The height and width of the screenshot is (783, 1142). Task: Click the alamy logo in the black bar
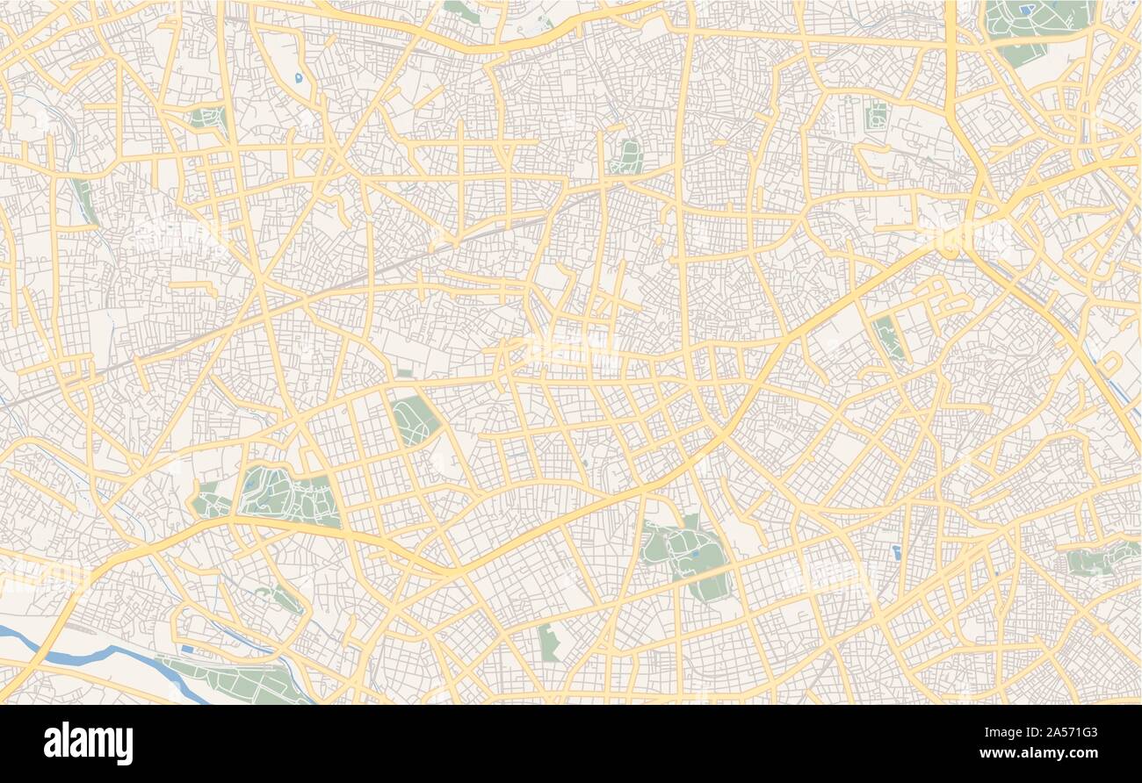click(88, 743)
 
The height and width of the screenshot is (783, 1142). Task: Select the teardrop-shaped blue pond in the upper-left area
click(299, 78)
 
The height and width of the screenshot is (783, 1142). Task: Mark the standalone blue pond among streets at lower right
click(895, 552)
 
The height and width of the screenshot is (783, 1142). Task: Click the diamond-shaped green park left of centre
click(415, 419)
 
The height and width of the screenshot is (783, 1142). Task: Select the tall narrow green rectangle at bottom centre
click(549, 643)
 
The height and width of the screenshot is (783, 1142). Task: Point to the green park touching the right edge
click(1102, 558)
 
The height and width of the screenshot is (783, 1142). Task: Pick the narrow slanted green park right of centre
click(888, 338)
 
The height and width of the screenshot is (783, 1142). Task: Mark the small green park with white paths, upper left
click(208, 118)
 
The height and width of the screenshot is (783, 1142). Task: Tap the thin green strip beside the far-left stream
click(85, 200)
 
